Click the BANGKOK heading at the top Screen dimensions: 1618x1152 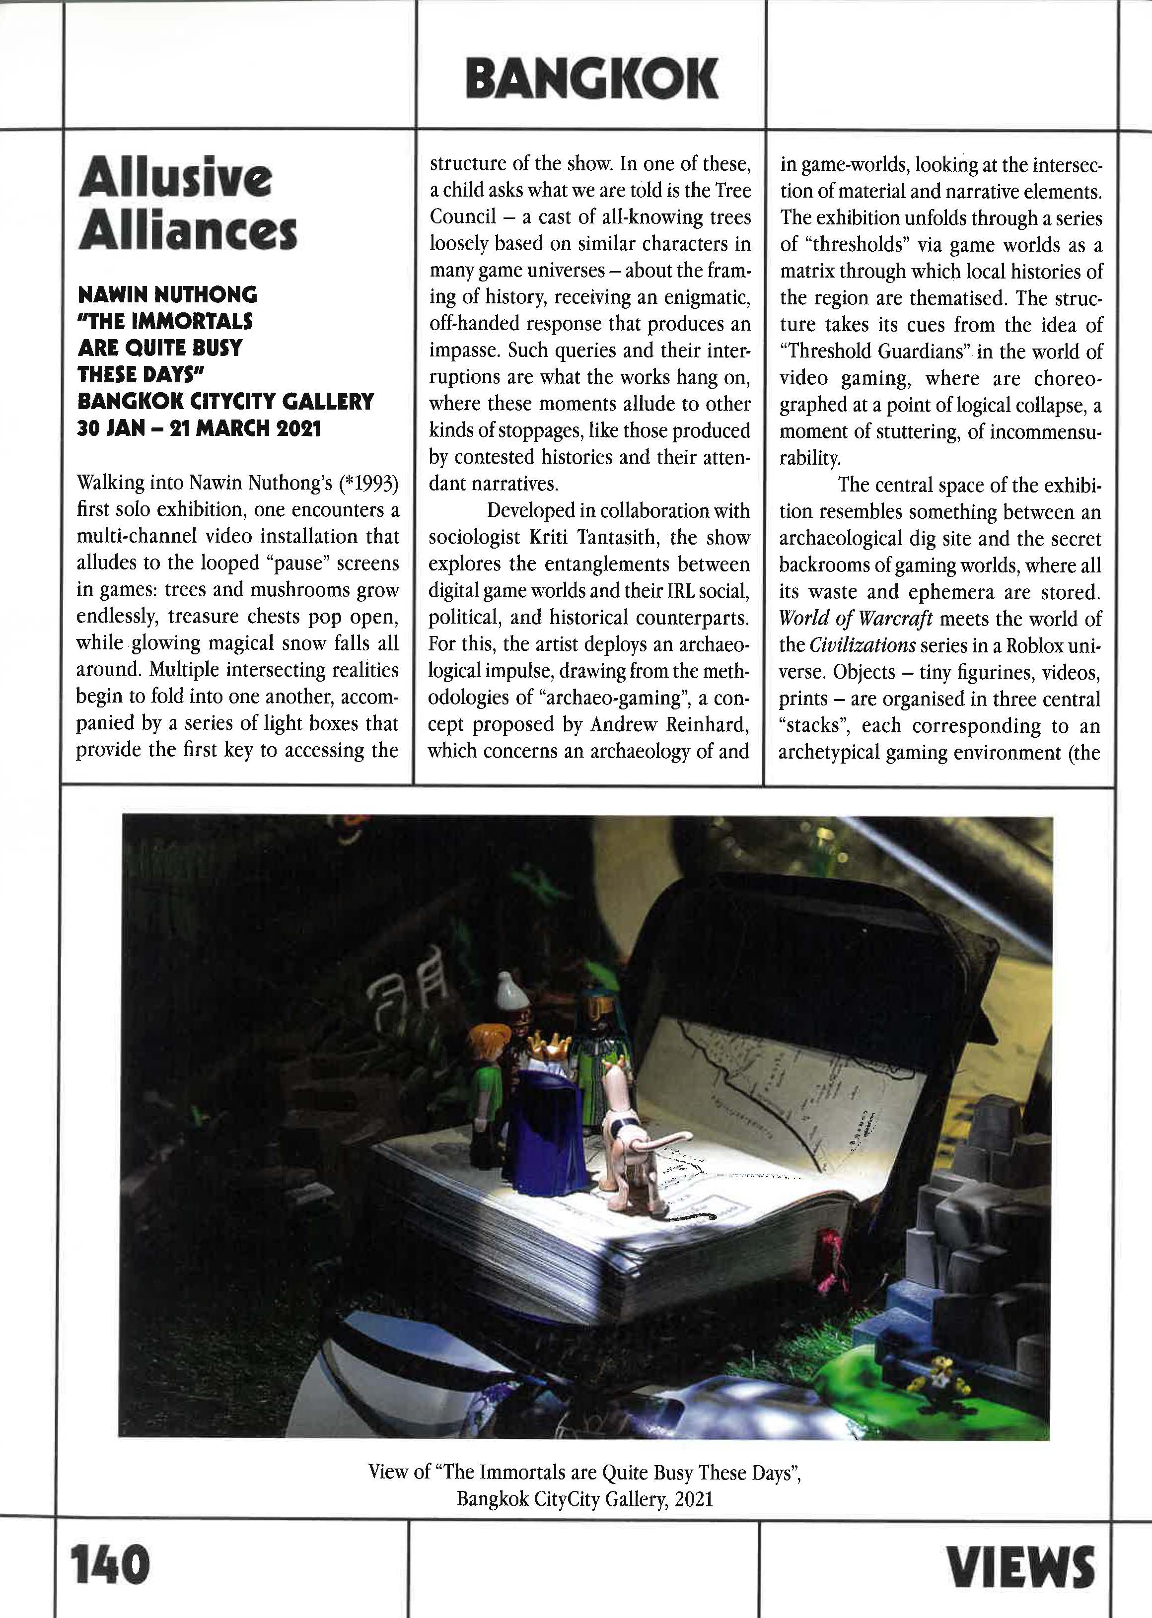coord(591,79)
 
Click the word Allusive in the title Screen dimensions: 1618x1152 coord(175,179)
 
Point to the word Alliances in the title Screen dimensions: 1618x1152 coord(187,232)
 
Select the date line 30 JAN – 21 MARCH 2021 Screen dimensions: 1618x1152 coord(199,428)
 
